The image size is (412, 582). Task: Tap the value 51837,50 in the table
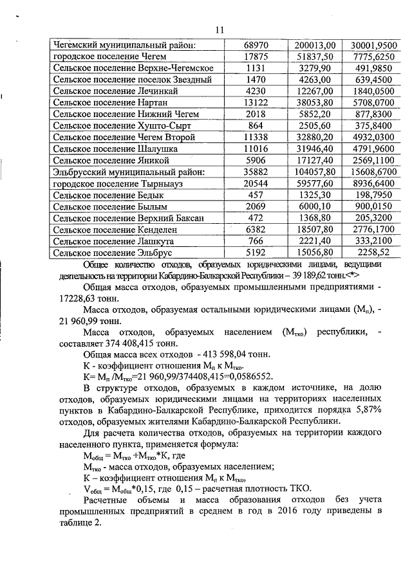point(315,57)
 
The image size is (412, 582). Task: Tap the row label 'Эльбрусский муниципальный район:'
point(128,172)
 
